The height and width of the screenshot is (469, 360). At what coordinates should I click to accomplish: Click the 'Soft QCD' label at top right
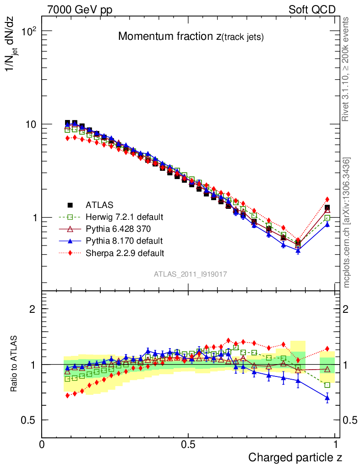tap(312, 10)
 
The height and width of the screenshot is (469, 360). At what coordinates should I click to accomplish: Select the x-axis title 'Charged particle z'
tap(295, 457)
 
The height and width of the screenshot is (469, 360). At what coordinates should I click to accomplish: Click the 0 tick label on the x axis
tap(42, 444)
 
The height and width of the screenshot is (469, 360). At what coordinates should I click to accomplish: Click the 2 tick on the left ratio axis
tap(33, 309)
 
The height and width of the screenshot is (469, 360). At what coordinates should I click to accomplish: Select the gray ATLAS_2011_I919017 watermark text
tap(191, 274)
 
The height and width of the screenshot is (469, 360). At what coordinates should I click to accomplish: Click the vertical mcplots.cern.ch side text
tap(347, 223)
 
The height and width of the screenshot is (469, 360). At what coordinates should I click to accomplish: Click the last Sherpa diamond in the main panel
tap(327, 199)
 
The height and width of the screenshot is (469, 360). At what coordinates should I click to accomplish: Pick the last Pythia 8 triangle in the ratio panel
tap(327, 398)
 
